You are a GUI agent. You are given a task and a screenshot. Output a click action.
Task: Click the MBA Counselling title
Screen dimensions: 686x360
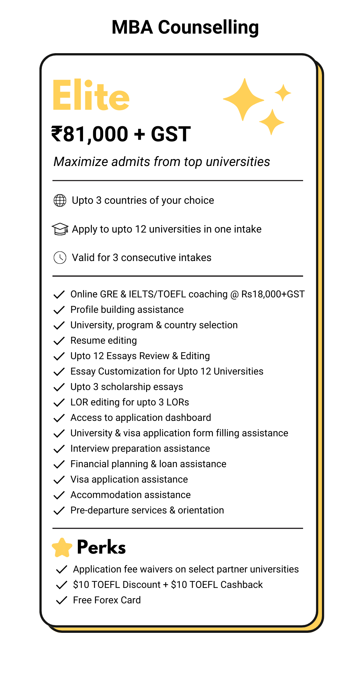185,27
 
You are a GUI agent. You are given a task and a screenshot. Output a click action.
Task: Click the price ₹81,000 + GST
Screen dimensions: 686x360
121,134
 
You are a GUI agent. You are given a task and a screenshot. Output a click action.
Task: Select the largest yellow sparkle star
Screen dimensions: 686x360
243,99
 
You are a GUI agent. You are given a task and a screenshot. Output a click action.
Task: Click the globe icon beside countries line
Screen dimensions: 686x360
60,201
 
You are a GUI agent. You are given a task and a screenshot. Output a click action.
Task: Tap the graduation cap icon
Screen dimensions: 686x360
60,229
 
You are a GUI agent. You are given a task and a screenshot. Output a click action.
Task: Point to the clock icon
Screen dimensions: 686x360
60,258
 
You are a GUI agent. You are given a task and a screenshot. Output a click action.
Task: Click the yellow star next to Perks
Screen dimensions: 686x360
62,547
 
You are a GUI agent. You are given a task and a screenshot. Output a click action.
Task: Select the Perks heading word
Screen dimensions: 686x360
101,547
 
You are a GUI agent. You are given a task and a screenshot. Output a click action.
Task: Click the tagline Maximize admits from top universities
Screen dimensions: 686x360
161,162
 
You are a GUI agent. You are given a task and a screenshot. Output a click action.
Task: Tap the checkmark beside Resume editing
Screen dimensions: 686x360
59,341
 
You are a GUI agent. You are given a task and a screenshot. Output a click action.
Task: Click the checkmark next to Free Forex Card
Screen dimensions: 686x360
61,601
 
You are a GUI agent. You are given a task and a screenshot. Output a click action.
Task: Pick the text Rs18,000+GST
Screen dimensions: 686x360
273,294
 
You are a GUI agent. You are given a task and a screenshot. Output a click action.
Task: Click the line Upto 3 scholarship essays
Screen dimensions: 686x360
127,387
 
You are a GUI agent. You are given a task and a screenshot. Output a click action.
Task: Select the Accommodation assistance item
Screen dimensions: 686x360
130,495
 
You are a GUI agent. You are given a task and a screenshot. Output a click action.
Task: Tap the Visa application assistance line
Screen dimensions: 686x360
129,480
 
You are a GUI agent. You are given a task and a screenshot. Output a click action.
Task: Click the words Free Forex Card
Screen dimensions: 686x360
107,600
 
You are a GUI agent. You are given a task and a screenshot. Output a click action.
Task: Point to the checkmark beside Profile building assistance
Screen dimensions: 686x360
59,310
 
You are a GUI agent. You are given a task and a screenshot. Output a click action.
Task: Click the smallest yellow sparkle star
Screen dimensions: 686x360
283,93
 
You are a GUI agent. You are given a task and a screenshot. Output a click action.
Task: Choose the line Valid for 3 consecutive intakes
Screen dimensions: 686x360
141,258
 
